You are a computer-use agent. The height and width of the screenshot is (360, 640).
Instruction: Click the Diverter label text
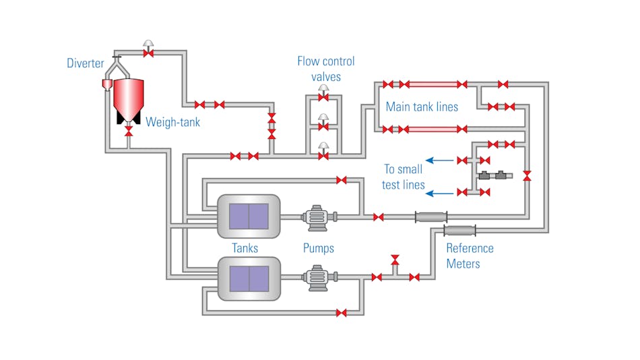click(x=86, y=64)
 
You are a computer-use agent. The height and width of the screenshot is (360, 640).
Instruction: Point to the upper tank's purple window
click(x=249, y=216)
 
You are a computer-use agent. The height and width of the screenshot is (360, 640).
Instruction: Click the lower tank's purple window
click(x=249, y=277)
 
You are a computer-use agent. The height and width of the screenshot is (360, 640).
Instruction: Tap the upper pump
click(x=315, y=217)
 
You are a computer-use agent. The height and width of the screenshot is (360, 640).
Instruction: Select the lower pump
click(x=315, y=277)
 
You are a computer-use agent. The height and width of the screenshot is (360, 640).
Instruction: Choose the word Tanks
click(x=245, y=248)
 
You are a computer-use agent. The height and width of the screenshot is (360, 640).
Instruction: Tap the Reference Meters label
click(x=470, y=256)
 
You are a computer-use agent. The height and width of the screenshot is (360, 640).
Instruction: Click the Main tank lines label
click(x=422, y=107)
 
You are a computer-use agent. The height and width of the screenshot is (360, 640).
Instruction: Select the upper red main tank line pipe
click(x=433, y=84)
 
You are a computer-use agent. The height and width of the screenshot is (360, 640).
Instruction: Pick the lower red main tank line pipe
click(x=433, y=129)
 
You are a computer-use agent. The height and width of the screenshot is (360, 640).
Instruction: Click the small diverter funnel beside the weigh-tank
click(x=106, y=84)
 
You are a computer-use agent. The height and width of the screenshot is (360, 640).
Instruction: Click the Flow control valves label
click(x=326, y=69)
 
